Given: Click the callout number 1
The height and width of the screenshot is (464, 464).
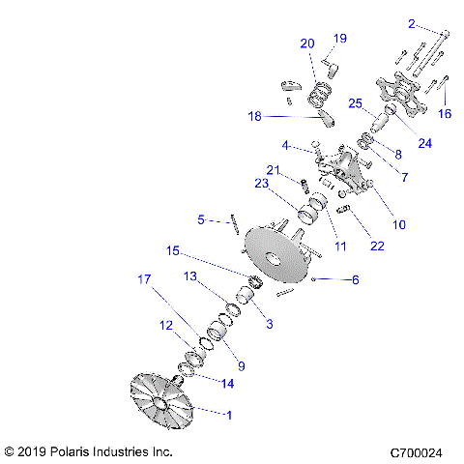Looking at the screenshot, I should coord(229,416).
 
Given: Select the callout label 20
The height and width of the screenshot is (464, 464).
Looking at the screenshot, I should coord(307,43).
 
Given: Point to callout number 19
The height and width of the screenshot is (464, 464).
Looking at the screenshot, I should coord(339,39).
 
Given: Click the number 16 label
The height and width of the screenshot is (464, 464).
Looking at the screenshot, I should coord(446,113).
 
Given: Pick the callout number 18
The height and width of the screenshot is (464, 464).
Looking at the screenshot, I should coord(254,116).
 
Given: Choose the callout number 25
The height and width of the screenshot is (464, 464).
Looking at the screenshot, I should coord(354,103).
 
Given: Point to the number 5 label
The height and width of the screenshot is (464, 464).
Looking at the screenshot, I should coord(200,220).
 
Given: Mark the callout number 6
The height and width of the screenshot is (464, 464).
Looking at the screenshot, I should coord(354,280).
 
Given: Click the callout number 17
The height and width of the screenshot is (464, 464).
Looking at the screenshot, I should coord(145,280).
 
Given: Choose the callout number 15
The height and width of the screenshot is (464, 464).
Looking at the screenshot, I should coord(172,251).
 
